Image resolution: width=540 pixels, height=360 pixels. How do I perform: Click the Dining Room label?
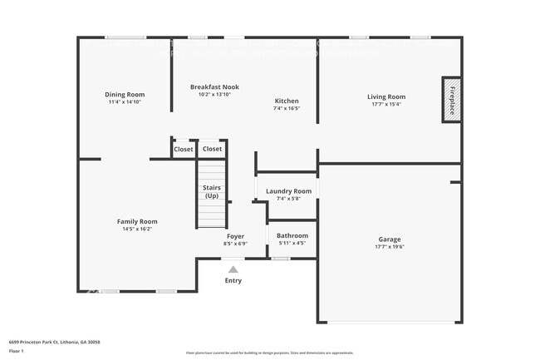[x=125, y=94]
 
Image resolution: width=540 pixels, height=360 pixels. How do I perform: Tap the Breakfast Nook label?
[x=214, y=86]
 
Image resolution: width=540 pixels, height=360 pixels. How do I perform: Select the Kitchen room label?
[x=287, y=101]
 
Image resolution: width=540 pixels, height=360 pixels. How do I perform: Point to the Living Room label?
[x=386, y=96]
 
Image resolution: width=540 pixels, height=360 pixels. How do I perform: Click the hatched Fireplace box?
[x=452, y=100]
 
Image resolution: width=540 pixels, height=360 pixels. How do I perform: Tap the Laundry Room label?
[x=288, y=191]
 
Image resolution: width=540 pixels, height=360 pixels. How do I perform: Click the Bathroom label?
[x=292, y=236]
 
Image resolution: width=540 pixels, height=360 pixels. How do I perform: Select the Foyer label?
[x=236, y=236]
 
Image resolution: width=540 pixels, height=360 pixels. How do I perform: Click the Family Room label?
[x=137, y=221]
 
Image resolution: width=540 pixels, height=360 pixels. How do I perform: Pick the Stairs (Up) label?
[x=212, y=192]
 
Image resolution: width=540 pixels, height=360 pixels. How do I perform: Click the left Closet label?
[x=183, y=150]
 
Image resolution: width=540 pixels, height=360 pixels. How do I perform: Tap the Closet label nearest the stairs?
[x=212, y=150]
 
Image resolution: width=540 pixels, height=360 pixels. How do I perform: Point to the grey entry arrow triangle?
[x=233, y=269]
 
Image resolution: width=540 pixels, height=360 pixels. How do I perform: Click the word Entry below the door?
[x=233, y=281]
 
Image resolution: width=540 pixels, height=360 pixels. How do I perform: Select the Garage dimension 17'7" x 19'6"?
[x=390, y=247]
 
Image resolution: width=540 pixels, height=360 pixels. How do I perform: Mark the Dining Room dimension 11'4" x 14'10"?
[x=125, y=102]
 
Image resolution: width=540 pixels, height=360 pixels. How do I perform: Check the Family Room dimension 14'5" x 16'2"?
[x=137, y=229]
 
